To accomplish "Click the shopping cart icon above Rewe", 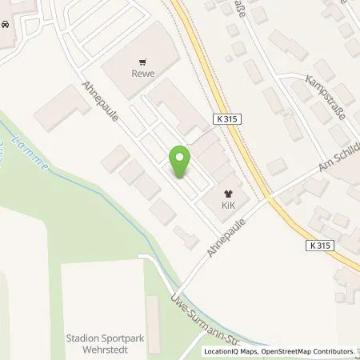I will tap(144, 60).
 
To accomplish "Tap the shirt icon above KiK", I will tap(230, 192).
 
